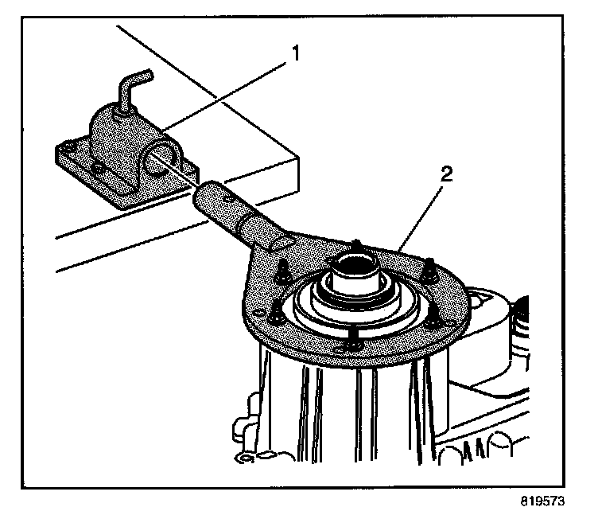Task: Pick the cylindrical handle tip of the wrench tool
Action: pyautogui.click(x=211, y=195)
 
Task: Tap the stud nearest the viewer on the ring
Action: pyautogui.click(x=351, y=345)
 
